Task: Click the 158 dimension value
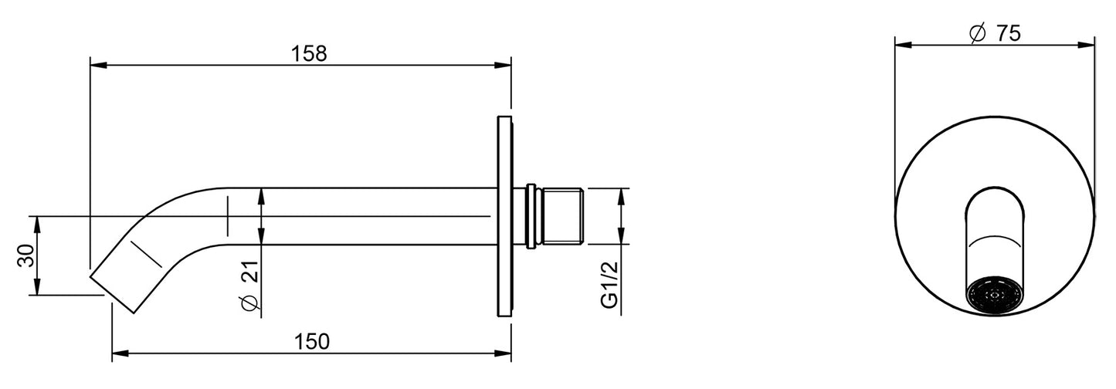tap(309, 54)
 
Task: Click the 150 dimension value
tap(312, 342)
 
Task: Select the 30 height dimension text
tap(26, 255)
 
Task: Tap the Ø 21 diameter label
tap(251, 286)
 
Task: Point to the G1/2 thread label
tap(610, 285)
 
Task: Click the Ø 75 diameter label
tap(995, 33)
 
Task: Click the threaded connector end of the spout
tap(563, 216)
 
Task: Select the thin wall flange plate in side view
tap(504, 216)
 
